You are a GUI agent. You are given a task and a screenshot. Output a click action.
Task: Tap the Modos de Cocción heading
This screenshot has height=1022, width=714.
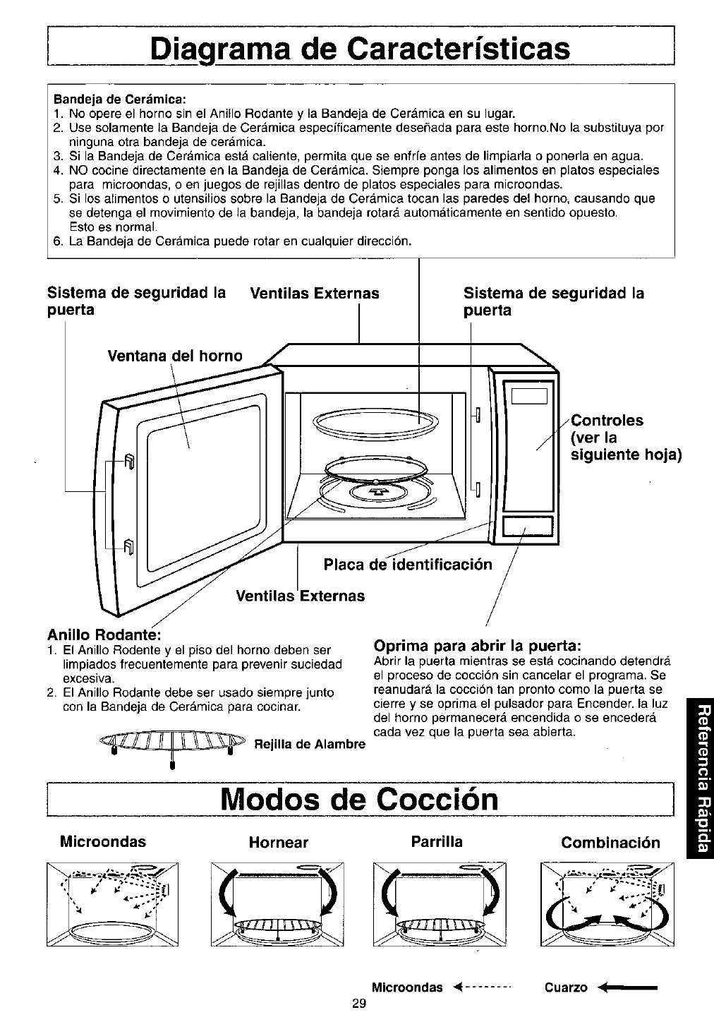pyautogui.click(x=361, y=799)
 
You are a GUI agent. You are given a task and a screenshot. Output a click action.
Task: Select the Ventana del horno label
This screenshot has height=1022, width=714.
pyautogui.click(x=174, y=356)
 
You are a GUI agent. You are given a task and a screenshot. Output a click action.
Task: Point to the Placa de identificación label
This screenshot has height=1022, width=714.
pyautogui.click(x=407, y=565)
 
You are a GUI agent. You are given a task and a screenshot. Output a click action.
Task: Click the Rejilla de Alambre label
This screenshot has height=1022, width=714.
pyautogui.click(x=310, y=744)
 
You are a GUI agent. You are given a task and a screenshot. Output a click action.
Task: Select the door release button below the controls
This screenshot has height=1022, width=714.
pyautogui.click(x=527, y=527)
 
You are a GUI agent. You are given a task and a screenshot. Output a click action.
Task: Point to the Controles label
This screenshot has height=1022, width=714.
pyautogui.click(x=607, y=421)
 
